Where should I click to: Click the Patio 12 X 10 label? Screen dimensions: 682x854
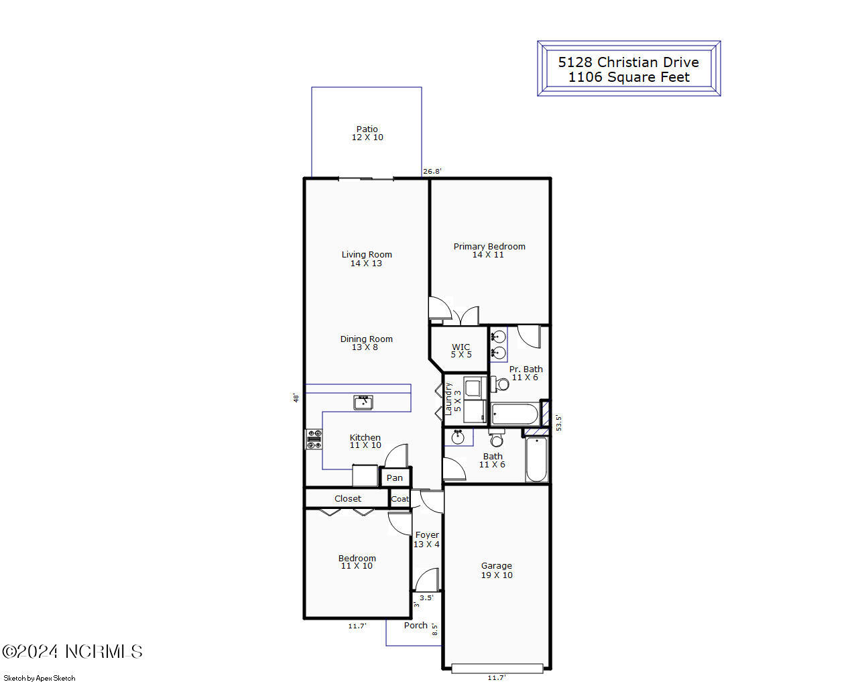(367, 133)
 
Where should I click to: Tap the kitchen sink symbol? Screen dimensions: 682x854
(363, 402)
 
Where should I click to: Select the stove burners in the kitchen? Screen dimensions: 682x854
(314, 439)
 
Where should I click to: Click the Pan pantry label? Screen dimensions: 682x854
(395, 478)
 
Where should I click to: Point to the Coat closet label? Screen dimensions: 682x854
(400, 499)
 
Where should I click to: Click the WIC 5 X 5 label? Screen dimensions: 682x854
(461, 351)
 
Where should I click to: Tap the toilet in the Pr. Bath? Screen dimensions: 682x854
(501, 384)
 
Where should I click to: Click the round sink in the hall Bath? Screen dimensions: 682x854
(459, 438)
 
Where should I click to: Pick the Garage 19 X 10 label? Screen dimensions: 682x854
(497, 571)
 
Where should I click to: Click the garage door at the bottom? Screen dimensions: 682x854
(497, 669)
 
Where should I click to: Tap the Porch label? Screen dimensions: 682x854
(416, 626)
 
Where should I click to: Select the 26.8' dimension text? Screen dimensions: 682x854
(432, 172)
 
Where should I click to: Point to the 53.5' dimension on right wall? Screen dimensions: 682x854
(559, 422)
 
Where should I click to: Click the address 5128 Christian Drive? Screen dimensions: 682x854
(629, 62)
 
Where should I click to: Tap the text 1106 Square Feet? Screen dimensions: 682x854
(629, 78)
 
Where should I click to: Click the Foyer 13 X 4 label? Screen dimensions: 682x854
(427, 540)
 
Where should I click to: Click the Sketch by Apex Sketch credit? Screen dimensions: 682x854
(40, 678)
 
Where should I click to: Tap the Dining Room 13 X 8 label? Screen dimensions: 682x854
(366, 343)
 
